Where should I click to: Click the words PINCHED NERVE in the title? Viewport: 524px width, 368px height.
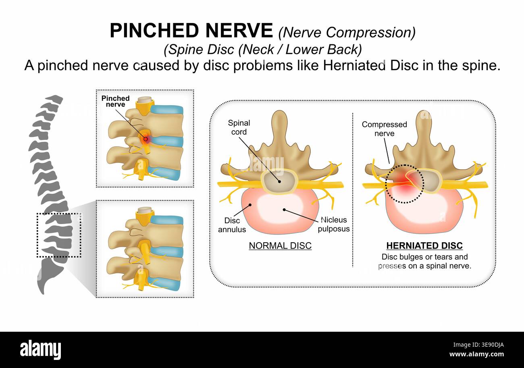tap(191, 30)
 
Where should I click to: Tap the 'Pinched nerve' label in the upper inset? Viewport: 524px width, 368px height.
tap(115, 101)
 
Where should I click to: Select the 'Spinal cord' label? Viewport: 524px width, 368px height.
tap(239, 127)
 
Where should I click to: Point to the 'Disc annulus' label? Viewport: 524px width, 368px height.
tap(232, 225)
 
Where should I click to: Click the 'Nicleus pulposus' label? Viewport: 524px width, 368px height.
tap(334, 224)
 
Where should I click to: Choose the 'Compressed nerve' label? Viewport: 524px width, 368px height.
tap(385, 129)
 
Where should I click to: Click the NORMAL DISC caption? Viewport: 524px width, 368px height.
tap(280, 245)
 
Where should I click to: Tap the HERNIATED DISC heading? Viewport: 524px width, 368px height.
tap(424, 245)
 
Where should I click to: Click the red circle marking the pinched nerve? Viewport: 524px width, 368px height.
tap(146, 139)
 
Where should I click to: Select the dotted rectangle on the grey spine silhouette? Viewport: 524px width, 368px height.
tap(59, 213)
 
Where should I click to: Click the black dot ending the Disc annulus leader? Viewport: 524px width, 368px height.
tap(250, 205)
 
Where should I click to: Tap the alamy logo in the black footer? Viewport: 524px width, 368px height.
tap(40, 350)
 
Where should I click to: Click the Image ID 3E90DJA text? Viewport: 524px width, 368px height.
tap(478, 345)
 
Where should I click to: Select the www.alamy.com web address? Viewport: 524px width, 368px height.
tap(476, 354)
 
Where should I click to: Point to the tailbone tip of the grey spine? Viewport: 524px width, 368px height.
tap(43, 293)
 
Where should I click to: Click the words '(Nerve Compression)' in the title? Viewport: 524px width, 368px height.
tap(347, 32)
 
